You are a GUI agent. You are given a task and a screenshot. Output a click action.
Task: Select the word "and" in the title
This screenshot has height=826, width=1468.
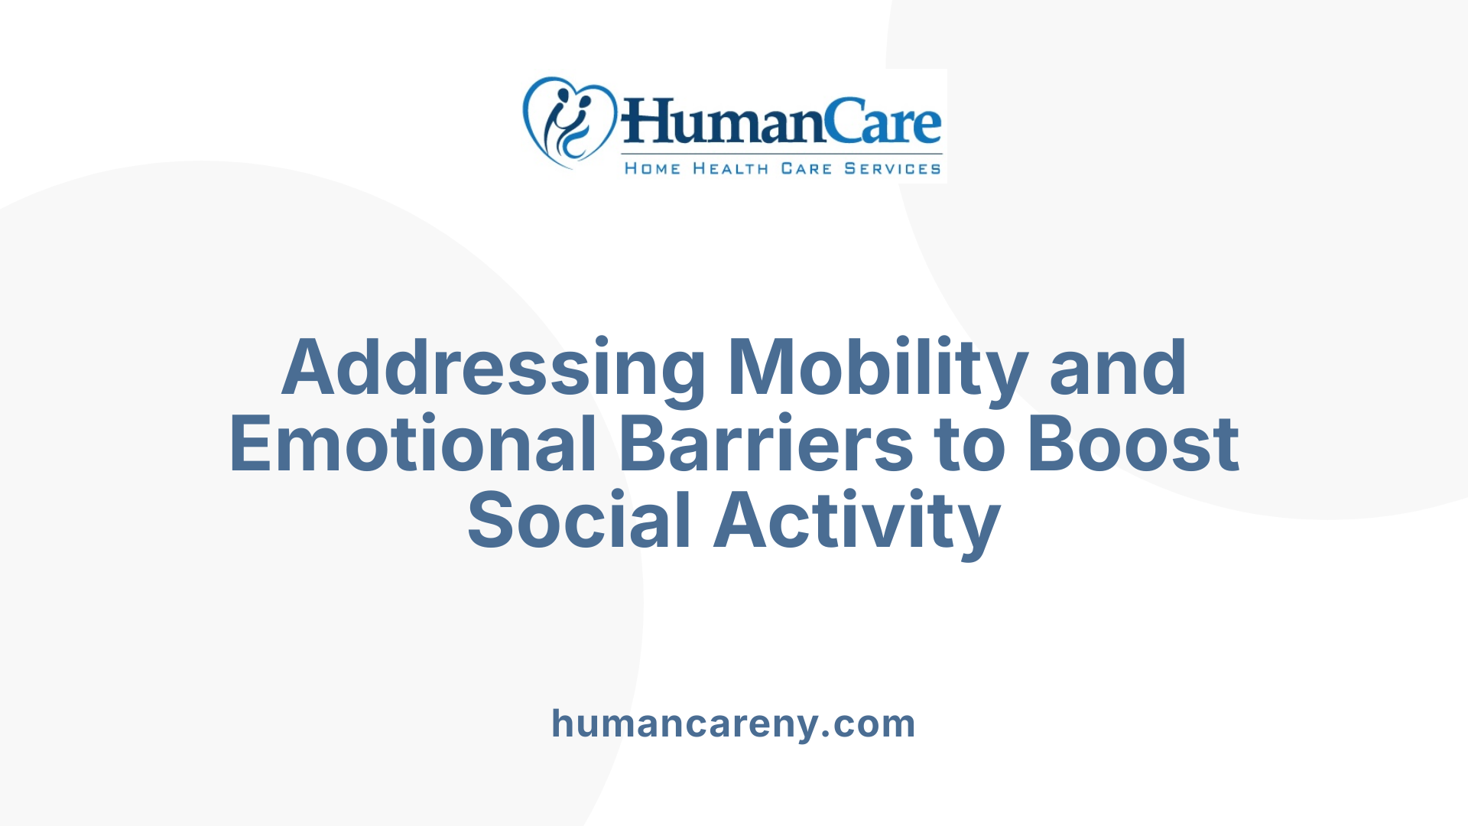point(1118,369)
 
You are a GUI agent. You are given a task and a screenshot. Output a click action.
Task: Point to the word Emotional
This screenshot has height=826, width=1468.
point(413,444)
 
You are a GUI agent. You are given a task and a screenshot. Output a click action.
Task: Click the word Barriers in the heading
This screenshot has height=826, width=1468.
point(765,444)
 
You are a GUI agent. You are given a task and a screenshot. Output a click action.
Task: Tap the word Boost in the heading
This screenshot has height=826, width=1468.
point(1133,444)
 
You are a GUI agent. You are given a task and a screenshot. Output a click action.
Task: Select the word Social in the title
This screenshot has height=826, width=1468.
point(579,521)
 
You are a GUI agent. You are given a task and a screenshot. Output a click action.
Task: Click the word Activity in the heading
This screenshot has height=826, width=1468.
point(856,521)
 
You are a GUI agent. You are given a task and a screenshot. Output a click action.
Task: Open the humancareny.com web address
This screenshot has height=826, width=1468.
point(733,724)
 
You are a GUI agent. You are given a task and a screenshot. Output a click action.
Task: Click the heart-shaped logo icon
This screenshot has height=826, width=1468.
point(569,122)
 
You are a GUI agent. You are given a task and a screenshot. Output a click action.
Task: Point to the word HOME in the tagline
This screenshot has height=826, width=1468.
point(652,168)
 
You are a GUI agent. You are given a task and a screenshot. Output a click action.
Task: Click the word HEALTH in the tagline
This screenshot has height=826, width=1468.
point(730,168)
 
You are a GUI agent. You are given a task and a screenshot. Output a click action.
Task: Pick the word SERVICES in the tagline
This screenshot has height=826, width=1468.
point(892,168)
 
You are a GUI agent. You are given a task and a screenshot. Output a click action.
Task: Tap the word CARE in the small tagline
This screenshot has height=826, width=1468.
point(806,168)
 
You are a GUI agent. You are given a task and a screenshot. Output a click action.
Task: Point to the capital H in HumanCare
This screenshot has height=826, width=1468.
point(647,122)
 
